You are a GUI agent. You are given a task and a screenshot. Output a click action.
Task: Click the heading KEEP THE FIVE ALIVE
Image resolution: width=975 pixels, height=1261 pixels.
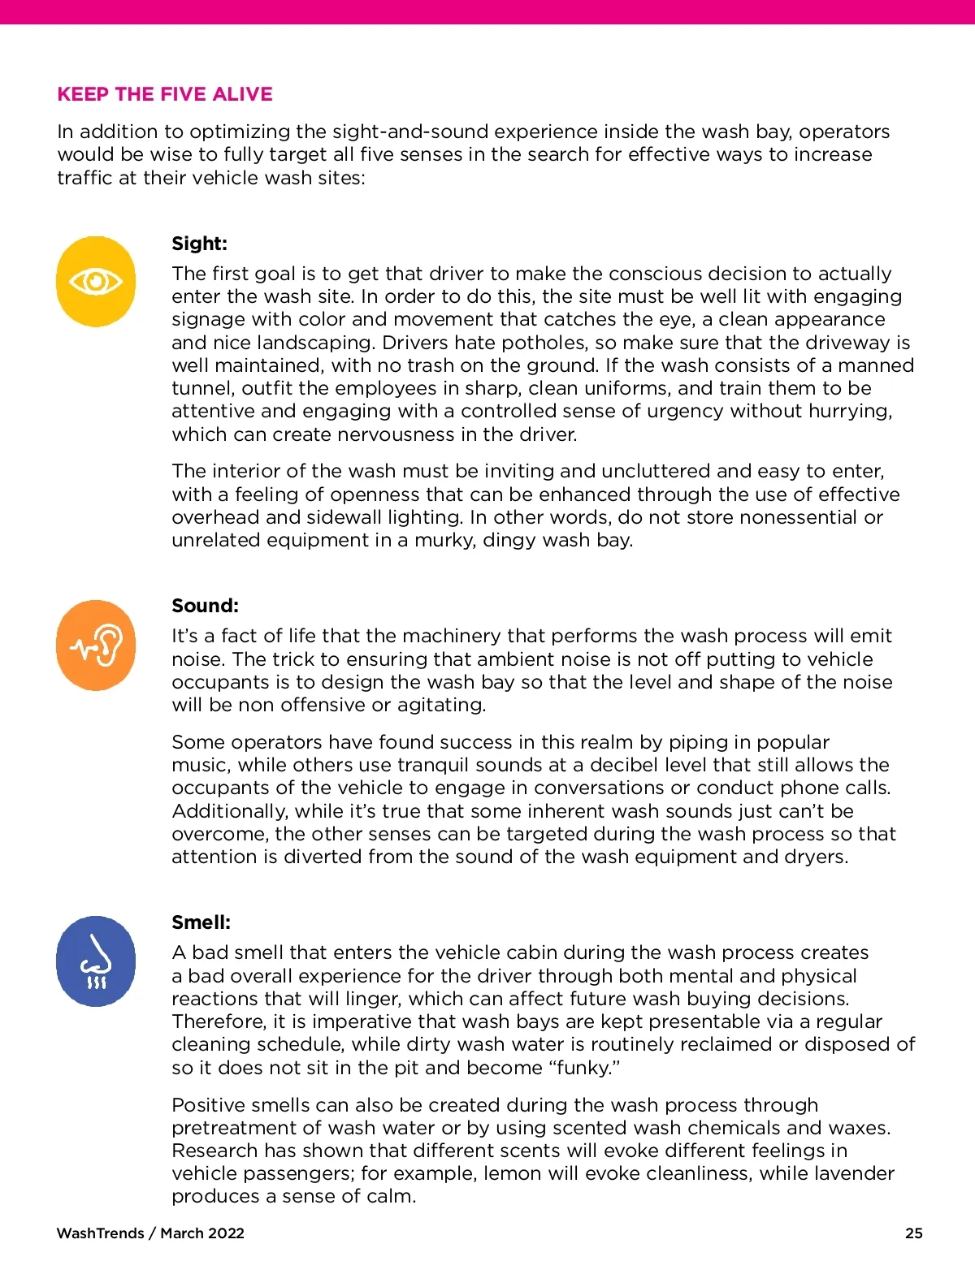coord(165,94)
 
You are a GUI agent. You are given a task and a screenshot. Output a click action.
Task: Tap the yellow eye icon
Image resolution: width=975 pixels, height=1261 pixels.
coord(96,282)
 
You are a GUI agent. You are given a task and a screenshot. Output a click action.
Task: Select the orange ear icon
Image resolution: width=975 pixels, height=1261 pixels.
coord(96,646)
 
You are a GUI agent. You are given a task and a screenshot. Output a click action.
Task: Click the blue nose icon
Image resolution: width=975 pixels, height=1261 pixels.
coord(96,961)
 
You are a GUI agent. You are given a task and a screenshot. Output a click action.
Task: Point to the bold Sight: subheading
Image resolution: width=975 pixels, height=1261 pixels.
coord(199,244)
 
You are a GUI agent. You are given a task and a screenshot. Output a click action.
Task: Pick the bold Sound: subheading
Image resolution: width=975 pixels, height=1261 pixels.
coord(205,606)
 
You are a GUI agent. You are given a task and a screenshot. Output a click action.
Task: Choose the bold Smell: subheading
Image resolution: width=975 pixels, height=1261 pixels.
coord(201,922)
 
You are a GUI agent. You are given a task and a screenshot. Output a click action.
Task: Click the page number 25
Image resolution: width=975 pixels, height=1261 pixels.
coord(913,1233)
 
